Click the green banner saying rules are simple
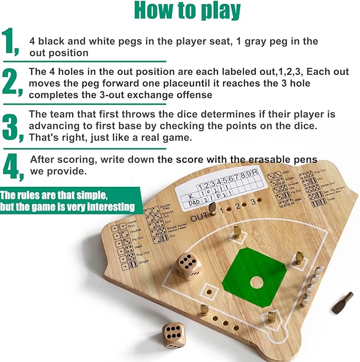(x=68, y=200)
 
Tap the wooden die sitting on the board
(x=188, y=265)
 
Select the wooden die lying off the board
(x=174, y=334)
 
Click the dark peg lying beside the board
(x=343, y=303)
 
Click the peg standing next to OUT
(x=213, y=210)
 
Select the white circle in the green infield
(x=257, y=282)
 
